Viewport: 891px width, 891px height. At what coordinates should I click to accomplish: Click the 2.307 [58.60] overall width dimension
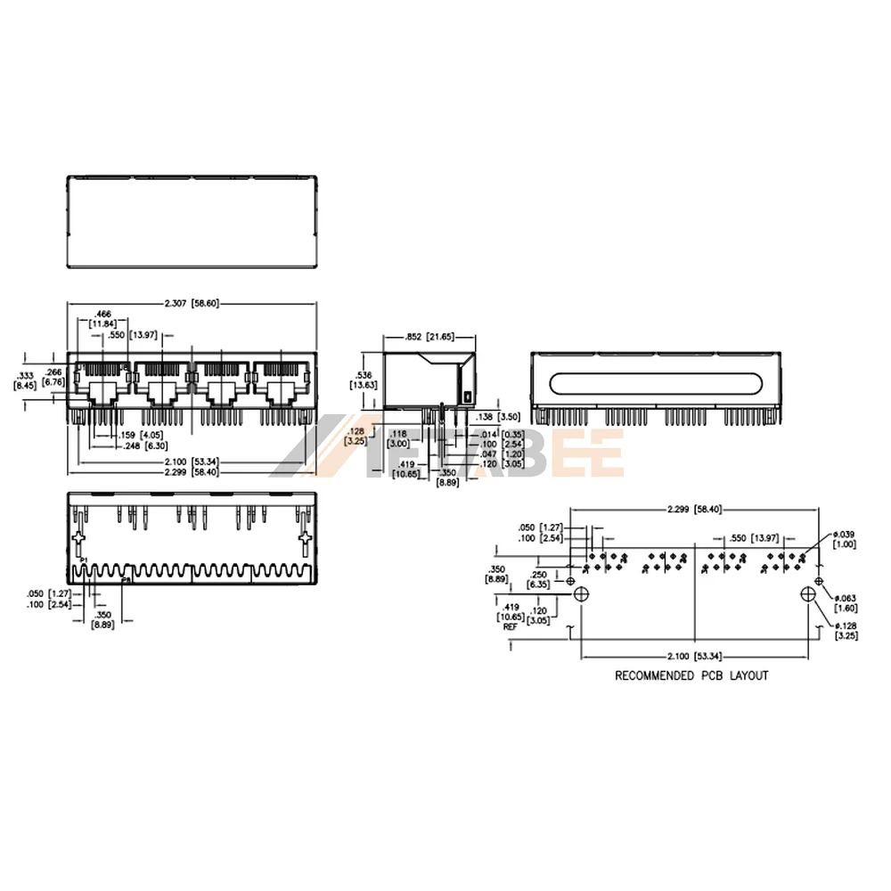pyautogui.click(x=192, y=304)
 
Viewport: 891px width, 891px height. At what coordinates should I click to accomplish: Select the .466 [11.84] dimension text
pyautogui.click(x=103, y=319)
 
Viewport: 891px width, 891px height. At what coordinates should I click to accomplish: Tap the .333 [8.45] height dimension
pyautogui.click(x=25, y=380)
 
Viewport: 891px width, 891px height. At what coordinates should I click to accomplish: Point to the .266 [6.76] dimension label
pyautogui.click(x=55, y=378)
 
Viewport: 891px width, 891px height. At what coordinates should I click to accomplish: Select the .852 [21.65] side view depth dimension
pyautogui.click(x=429, y=337)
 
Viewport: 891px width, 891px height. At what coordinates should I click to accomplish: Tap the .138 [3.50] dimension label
pyautogui.click(x=500, y=417)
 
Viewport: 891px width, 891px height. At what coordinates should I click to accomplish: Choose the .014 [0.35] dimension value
pyautogui.click(x=497, y=434)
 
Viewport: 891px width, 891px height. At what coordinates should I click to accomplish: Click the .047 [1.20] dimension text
pyautogui.click(x=497, y=454)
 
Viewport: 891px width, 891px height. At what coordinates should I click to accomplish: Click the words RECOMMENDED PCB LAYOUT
pyautogui.click(x=691, y=675)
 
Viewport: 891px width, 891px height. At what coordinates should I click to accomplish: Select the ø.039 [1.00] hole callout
pyautogui.click(x=843, y=539)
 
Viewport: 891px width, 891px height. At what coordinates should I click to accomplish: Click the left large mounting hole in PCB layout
pyautogui.click(x=581, y=594)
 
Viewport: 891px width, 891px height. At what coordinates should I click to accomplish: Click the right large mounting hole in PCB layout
pyautogui.click(x=809, y=594)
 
